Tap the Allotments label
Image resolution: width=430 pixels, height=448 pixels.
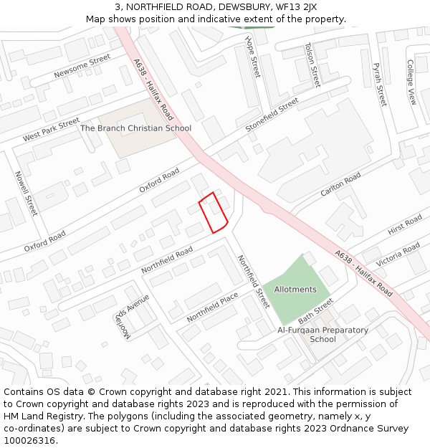pos(295,290)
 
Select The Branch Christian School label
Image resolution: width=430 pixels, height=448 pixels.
pos(136,128)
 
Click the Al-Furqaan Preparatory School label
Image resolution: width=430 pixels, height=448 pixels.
pos(322,335)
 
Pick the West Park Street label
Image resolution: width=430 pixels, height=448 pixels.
pos(51,130)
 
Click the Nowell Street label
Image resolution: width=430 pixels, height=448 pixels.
pos(26,193)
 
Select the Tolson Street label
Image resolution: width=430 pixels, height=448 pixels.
pos(312,64)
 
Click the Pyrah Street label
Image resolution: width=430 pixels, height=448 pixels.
pos(379,85)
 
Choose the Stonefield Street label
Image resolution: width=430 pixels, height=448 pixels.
pos(272,115)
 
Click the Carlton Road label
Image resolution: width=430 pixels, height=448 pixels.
pos(340,185)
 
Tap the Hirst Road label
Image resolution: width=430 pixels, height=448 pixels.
pos(405,225)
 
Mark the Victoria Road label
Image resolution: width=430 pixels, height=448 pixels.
pos(398,254)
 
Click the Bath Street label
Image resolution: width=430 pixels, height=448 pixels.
pos(316,310)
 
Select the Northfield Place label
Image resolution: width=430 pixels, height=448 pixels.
pos(212,307)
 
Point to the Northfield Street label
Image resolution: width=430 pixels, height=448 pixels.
pos(253,281)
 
